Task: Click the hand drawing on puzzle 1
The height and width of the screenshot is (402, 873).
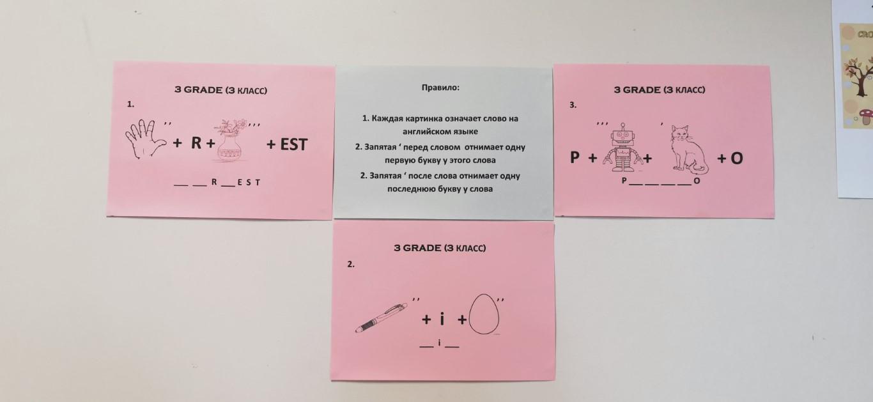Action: click(145, 139)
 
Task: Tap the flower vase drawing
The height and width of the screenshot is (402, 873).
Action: click(231, 141)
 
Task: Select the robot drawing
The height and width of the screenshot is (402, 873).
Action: click(622, 148)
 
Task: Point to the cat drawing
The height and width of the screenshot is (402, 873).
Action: click(688, 150)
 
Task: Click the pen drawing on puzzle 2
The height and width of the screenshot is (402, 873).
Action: click(381, 318)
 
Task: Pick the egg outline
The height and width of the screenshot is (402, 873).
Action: click(484, 314)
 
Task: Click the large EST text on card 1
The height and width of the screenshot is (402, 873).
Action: click(294, 144)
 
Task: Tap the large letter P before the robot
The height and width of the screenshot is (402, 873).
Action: click(575, 157)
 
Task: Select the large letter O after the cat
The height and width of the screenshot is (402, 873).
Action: click(737, 158)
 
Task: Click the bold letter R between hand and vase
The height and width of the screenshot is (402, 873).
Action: click(196, 143)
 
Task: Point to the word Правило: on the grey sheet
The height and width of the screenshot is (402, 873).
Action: click(440, 88)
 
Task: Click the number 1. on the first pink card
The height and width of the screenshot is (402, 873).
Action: click(130, 104)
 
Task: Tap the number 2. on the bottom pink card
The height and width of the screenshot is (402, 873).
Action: click(351, 264)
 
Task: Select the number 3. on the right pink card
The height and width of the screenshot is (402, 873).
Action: click(573, 105)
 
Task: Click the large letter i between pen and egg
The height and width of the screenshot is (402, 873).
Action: click(442, 318)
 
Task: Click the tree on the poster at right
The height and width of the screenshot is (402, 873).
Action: click(860, 76)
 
